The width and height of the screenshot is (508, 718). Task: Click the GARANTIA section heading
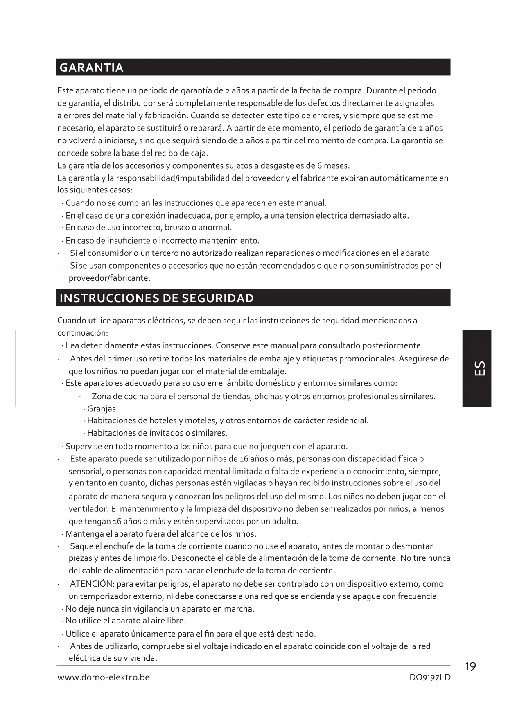(x=91, y=68)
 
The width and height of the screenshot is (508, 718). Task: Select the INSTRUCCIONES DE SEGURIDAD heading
(x=156, y=298)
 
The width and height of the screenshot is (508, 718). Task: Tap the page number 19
(x=471, y=667)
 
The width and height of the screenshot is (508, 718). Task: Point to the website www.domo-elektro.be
(x=104, y=677)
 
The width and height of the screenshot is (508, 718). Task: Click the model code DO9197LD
(x=430, y=677)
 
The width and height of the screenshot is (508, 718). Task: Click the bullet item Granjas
(x=102, y=409)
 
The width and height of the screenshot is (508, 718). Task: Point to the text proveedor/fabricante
(x=109, y=278)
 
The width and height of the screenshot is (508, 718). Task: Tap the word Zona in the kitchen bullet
(x=102, y=396)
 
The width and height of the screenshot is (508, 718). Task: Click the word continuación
(x=82, y=333)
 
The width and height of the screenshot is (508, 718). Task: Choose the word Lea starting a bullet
(x=72, y=345)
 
